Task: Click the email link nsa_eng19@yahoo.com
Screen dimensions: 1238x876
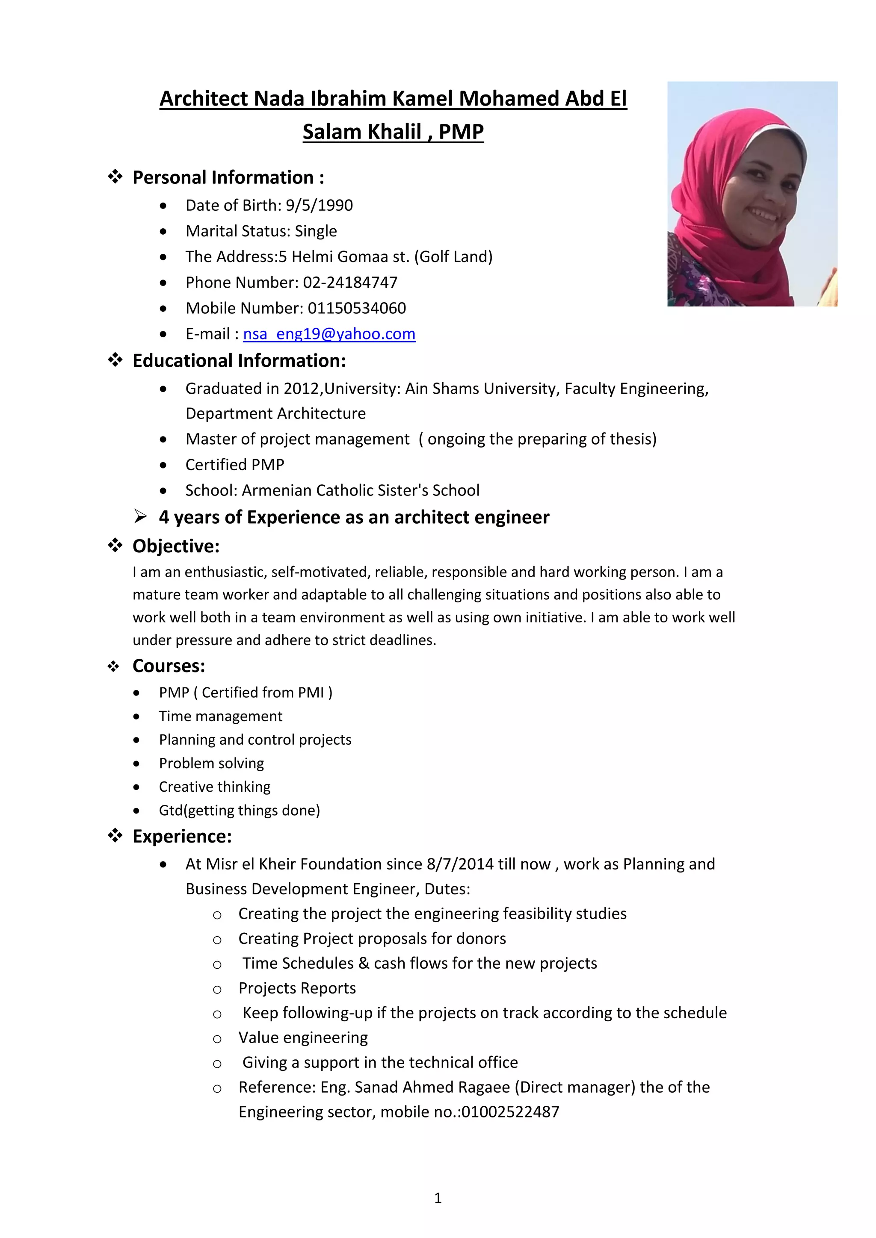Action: coord(329,334)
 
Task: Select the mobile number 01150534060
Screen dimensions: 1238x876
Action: coord(357,308)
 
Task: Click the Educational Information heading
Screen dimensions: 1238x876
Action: coord(239,361)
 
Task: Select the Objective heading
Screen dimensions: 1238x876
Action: coord(176,546)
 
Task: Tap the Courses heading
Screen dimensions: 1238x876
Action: coord(169,666)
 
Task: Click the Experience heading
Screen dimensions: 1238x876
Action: coord(182,836)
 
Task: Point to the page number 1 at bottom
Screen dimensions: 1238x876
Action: coord(438,1198)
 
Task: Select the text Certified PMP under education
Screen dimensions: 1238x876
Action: coord(235,465)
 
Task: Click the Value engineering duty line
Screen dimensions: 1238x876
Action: coord(303,1038)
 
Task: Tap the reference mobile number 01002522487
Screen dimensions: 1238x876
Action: coord(510,1112)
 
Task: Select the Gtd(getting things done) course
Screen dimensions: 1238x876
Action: coord(240,811)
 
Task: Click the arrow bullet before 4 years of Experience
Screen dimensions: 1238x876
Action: coord(140,518)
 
